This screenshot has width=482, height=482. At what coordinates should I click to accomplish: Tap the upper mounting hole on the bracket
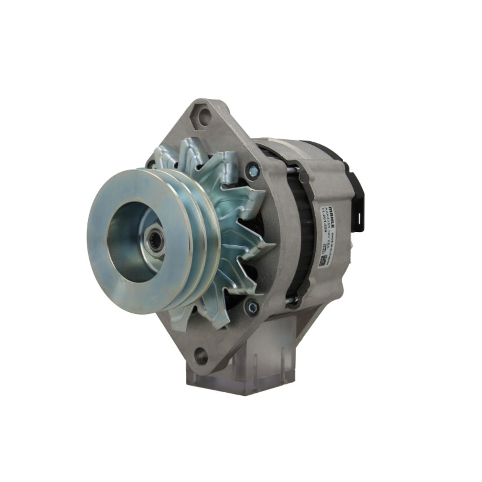[204, 116]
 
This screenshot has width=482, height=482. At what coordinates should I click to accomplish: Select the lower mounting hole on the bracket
[201, 356]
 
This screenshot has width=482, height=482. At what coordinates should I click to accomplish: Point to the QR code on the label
[323, 261]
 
